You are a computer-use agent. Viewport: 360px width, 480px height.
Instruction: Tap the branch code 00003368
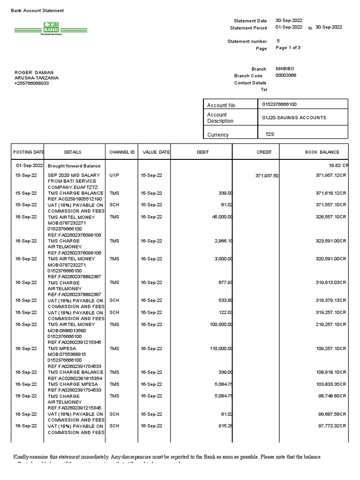click(285, 75)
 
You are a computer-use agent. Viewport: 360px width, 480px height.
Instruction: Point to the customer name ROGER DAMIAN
click(34, 73)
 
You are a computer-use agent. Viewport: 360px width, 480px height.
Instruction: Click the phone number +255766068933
click(31, 83)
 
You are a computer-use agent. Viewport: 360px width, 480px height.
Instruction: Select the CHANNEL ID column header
click(122, 152)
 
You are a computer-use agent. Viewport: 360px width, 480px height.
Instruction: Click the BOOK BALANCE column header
click(322, 152)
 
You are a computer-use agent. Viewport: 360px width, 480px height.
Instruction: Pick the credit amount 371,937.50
click(266, 175)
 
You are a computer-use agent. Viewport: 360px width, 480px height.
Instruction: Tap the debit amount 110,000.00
click(219, 349)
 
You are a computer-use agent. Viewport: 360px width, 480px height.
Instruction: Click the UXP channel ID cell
click(114, 175)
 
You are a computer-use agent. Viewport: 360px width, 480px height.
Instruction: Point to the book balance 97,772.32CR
click(330, 426)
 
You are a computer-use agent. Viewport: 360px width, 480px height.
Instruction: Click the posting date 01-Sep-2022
click(29, 165)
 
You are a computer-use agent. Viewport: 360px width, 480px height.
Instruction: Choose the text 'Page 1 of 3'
click(288, 48)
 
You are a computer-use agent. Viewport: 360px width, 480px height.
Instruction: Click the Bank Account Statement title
click(37, 10)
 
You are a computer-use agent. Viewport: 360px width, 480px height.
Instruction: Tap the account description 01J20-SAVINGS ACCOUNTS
click(294, 118)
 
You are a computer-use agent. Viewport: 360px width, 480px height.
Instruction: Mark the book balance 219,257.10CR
click(330, 324)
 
